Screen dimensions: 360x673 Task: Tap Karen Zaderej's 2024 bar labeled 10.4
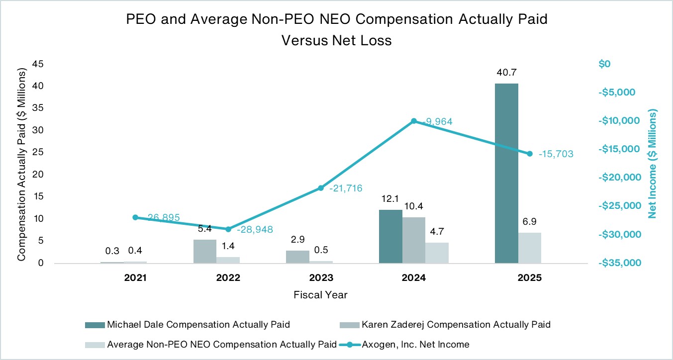(414, 240)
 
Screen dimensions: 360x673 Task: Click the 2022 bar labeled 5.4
(205, 251)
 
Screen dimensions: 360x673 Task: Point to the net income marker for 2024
(414, 121)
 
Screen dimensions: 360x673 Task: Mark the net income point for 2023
(321, 188)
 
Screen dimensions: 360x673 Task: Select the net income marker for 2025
(530, 154)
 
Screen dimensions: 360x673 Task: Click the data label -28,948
(255, 230)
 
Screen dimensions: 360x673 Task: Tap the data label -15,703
(556, 154)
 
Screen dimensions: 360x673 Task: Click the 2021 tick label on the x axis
(135, 278)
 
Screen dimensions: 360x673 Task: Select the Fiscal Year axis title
(321, 295)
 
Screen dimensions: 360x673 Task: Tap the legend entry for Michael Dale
(198, 325)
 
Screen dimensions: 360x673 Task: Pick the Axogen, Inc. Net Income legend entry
(419, 344)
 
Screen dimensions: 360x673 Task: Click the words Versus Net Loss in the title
(337, 40)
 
